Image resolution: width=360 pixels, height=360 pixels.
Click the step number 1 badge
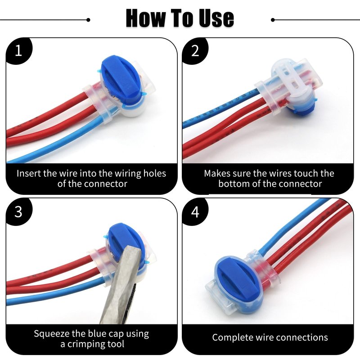point(18,50)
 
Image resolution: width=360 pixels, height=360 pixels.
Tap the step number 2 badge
point(195,50)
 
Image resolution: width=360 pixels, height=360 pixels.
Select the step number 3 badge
point(18,211)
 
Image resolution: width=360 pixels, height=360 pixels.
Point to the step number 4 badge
point(195,211)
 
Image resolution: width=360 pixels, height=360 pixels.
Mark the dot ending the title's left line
point(88,20)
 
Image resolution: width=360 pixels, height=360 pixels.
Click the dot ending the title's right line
point(273,20)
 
